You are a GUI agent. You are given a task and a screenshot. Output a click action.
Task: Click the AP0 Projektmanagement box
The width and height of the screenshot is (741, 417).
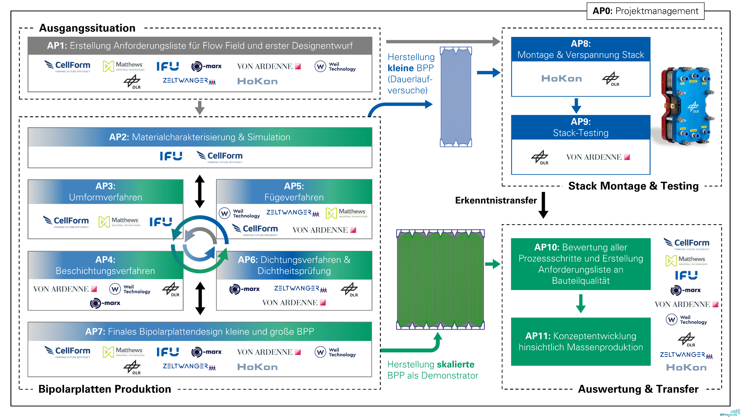[645, 11]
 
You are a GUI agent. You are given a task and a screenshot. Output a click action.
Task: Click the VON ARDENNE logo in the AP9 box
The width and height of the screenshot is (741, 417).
[598, 157]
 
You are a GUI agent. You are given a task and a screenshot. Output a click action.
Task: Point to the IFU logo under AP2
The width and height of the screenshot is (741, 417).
[171, 156]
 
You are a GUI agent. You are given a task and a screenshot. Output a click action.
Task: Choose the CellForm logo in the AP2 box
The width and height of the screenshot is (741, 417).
[219, 157]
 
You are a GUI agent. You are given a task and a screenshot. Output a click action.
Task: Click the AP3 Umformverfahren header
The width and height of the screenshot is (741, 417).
[106, 192]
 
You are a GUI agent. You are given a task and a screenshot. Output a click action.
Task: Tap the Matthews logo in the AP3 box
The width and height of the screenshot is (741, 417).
[119, 222]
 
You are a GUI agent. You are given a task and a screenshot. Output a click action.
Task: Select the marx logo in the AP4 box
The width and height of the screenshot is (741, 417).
[105, 303]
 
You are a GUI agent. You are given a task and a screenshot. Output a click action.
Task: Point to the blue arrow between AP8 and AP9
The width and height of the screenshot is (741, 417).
[576, 106]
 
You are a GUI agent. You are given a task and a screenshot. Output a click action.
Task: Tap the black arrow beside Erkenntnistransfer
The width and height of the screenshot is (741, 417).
[543, 205]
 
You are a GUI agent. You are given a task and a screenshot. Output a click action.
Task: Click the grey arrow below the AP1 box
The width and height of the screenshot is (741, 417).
[200, 108]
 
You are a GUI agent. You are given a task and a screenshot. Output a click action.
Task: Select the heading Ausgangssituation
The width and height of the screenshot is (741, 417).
[87, 28]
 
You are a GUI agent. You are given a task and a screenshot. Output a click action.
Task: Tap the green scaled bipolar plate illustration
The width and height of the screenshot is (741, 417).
[440, 279]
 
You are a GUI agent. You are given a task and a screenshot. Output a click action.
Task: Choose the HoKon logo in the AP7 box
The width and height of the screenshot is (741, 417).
[257, 367]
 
